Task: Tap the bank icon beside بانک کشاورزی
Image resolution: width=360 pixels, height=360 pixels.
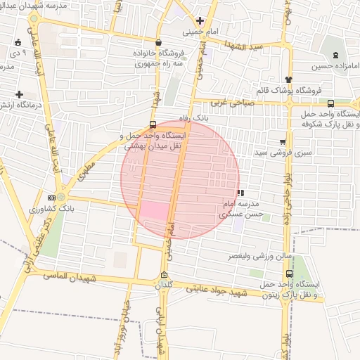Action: click(x=51, y=198)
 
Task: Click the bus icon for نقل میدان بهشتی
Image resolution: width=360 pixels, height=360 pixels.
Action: click(x=153, y=121)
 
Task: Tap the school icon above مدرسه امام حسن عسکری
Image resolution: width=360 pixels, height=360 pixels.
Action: click(x=240, y=192)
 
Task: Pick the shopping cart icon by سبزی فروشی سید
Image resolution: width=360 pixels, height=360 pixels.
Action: click(x=283, y=141)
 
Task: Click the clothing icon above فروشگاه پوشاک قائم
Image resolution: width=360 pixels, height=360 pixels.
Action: click(x=288, y=79)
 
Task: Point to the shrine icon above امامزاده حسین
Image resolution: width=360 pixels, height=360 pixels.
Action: click(x=334, y=54)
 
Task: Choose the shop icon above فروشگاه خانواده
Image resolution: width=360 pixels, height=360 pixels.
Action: click(x=158, y=42)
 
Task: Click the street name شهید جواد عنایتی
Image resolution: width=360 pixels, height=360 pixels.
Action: click(x=217, y=290)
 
